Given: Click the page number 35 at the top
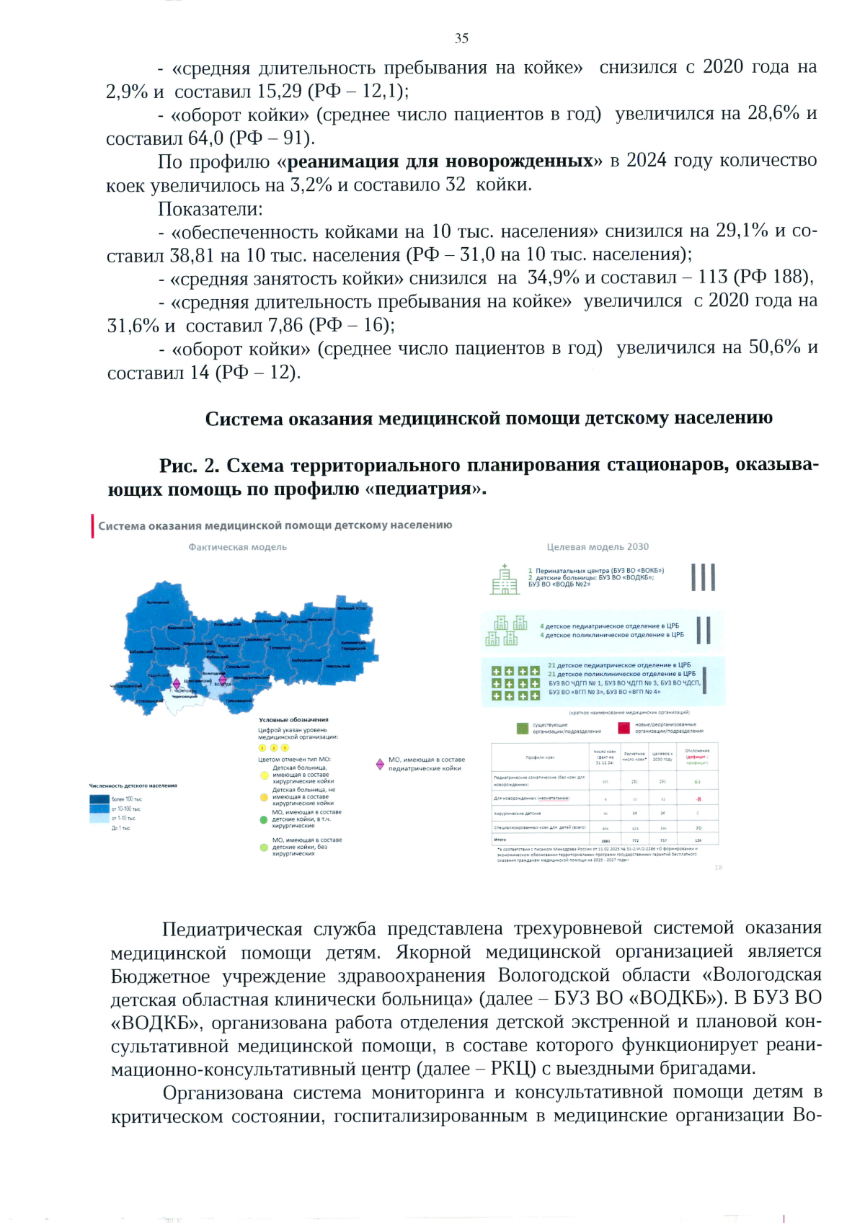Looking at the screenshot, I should [x=461, y=38].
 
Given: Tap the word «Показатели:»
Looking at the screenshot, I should [x=210, y=209].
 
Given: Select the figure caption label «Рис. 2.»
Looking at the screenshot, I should [x=189, y=466].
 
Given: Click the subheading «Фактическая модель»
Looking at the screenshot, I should [x=237, y=547].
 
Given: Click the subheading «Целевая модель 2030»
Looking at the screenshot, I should [x=597, y=547].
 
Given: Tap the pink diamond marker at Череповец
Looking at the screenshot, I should [x=177, y=683].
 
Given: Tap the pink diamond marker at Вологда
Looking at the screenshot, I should [x=222, y=679].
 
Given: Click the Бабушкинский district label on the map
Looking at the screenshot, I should [x=306, y=659].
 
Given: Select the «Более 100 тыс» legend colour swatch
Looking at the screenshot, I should [x=99, y=799].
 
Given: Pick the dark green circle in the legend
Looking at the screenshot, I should [x=264, y=819].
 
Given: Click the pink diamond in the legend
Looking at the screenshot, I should [x=380, y=763].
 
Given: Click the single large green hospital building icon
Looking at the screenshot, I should [x=505, y=579].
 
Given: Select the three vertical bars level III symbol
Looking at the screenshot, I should [x=703, y=577].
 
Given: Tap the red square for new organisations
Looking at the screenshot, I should [x=624, y=728].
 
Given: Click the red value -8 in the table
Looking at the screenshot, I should [x=698, y=799].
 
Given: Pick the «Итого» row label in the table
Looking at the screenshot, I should [x=500, y=840].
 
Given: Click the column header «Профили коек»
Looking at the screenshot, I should [x=540, y=757].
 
